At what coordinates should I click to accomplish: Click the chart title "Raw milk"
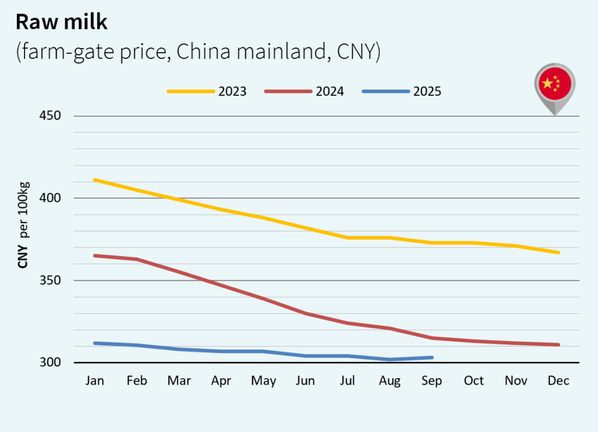tap(61, 22)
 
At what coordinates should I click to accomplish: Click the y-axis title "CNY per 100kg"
tap(23, 226)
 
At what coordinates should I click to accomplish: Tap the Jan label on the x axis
tap(95, 381)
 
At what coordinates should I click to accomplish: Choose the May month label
tap(263, 381)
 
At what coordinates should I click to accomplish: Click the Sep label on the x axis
tap(432, 381)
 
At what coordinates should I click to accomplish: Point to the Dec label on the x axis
tap(558, 381)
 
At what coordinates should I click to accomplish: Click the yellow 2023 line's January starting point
tap(95, 179)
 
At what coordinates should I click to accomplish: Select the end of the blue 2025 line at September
tap(432, 357)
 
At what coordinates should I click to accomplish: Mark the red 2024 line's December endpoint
tap(559, 344)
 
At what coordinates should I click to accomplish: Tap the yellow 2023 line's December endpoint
tap(559, 253)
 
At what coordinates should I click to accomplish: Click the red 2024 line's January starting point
tap(95, 255)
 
